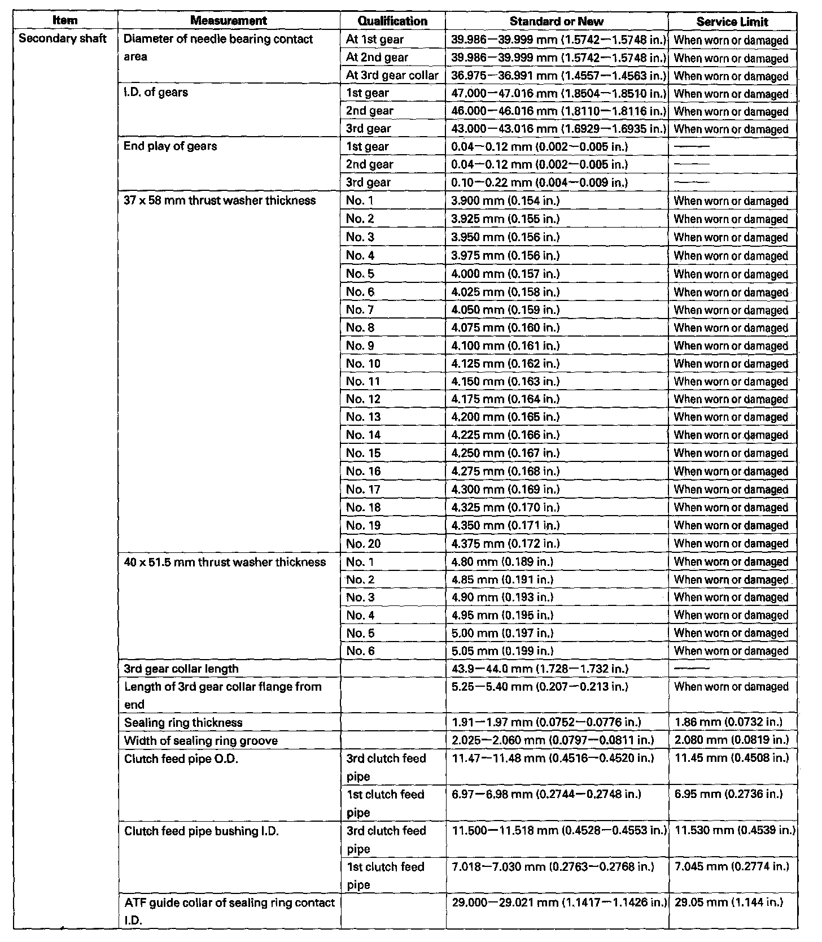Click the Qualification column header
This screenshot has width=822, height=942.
392,21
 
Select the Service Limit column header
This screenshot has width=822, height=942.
732,21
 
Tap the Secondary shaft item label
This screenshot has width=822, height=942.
63,39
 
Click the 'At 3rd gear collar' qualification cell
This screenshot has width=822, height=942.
392,75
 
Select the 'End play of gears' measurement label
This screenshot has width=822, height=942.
170,146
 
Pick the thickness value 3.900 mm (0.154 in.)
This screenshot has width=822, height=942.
505,200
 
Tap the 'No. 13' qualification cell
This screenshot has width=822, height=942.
364,417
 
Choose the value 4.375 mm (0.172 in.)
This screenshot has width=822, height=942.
505,543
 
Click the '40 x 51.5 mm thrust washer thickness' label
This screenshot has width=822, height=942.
225,562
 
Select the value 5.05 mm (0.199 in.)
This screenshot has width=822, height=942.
502,651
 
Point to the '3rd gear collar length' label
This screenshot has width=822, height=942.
181,669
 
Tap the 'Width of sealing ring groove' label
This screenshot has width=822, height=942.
201,740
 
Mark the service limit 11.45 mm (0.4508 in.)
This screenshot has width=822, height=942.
732,758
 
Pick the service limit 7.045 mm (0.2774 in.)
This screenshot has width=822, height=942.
732,866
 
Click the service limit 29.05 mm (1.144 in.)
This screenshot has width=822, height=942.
729,902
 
